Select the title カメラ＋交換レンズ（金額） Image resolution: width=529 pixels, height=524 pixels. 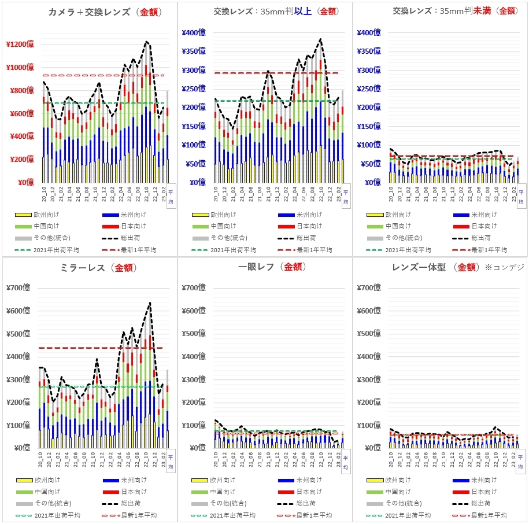(x=105, y=12)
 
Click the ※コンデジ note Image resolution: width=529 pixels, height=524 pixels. (x=504, y=268)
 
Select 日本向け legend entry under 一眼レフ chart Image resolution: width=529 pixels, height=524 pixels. (x=310, y=492)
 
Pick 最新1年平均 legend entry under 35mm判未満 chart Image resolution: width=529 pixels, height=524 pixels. (x=489, y=250)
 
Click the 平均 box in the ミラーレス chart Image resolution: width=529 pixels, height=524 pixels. (x=170, y=462)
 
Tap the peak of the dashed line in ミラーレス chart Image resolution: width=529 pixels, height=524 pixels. (x=150, y=302)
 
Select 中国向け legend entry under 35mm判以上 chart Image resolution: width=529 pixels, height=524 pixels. (x=222, y=226)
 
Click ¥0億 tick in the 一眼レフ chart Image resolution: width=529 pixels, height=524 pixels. (x=197, y=448)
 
